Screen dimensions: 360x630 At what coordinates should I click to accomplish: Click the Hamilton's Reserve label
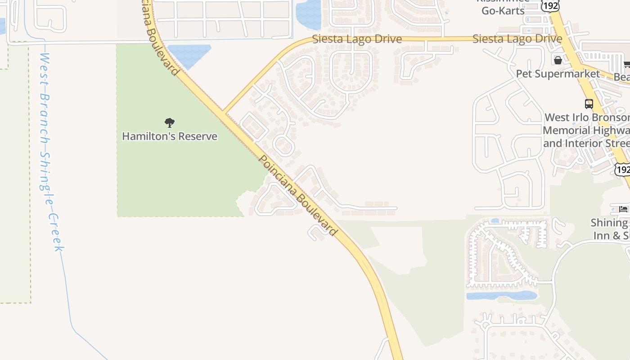point(170,136)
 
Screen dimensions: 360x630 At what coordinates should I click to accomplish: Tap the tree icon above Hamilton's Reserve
point(170,122)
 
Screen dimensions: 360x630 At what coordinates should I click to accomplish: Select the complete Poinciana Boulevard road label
point(297,195)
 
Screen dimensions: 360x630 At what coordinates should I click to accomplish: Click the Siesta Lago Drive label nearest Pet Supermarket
point(517,39)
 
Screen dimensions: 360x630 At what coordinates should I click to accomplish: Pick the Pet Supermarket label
point(558,74)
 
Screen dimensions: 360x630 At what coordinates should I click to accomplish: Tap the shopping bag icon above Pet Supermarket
point(558,60)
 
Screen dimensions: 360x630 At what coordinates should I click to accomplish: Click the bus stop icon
point(589,104)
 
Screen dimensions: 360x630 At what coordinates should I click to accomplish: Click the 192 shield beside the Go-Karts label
point(550,5)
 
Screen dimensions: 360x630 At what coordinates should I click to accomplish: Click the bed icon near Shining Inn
point(623,209)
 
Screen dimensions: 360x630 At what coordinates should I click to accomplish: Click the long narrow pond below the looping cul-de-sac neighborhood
point(501,296)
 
